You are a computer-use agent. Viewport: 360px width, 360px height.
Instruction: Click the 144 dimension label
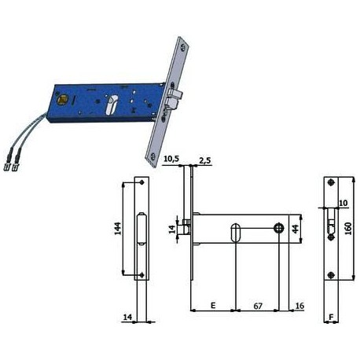point(118,228)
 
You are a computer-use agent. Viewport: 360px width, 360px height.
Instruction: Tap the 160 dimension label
point(348,228)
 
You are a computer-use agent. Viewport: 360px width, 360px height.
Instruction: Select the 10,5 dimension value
point(171,159)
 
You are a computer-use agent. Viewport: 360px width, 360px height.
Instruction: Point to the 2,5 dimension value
point(205,160)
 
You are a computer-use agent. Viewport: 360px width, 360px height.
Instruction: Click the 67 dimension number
point(258,306)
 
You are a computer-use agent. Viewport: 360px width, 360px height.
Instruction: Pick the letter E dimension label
point(213,305)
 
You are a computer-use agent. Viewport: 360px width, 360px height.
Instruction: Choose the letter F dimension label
point(331,317)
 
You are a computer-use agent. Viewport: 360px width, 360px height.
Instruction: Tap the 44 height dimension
point(296,229)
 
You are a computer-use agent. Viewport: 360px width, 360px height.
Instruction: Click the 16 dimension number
point(299,306)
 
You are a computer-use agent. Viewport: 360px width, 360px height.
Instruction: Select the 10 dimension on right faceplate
point(343,203)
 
